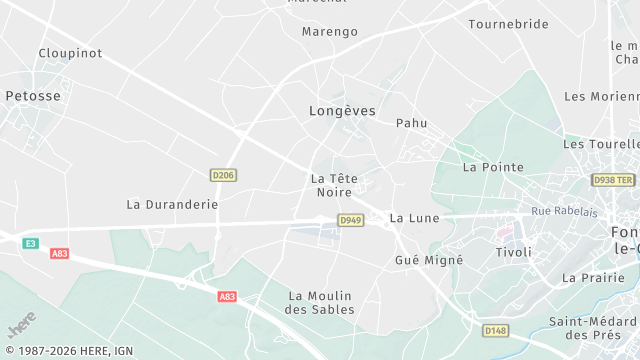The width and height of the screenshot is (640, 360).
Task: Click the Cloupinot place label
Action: pyautogui.click(x=70, y=53)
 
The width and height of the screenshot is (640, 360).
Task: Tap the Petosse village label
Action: pyautogui.click(x=33, y=96)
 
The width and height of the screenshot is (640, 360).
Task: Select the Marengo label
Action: pyautogui.click(x=330, y=31)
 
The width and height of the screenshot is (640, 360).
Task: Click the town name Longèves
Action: pyautogui.click(x=342, y=111)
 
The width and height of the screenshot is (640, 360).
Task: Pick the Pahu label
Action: pyautogui.click(x=411, y=123)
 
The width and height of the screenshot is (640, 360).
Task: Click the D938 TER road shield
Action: pyautogui.click(x=613, y=180)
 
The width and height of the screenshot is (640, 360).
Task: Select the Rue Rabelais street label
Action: pyautogui.click(x=564, y=211)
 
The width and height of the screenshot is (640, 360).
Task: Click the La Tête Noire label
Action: pyautogui.click(x=334, y=185)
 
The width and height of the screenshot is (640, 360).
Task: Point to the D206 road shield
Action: pyautogui.click(x=224, y=175)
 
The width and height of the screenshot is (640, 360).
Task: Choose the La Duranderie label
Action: pyautogui.click(x=172, y=203)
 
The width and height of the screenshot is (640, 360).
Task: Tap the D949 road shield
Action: pyautogui.click(x=350, y=220)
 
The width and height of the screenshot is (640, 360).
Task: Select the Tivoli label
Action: pyautogui.click(x=514, y=252)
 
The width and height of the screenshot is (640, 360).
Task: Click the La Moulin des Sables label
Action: pyautogui.click(x=321, y=302)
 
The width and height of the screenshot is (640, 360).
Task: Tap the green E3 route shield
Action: pyautogui.click(x=31, y=243)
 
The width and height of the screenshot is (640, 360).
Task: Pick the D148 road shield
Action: pyautogui.click(x=494, y=330)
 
